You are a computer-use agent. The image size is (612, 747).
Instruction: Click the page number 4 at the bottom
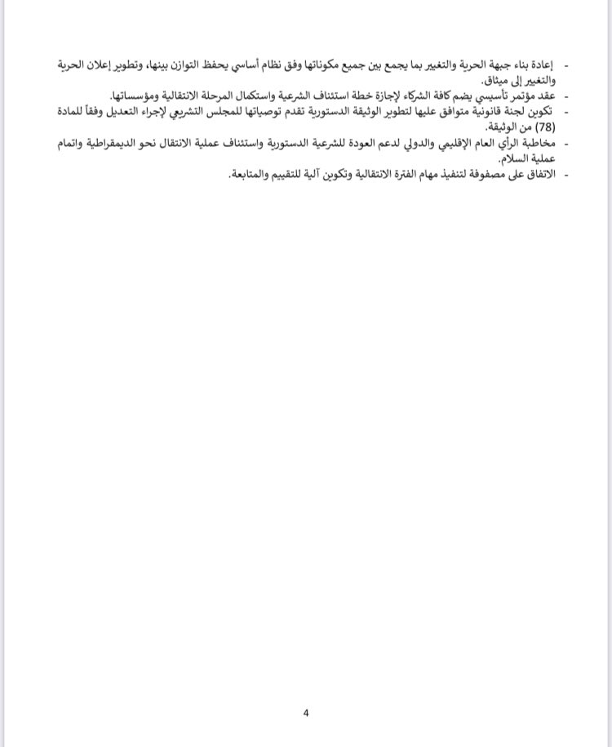pos(306,713)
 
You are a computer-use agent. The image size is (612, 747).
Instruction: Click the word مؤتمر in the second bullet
pos(516,96)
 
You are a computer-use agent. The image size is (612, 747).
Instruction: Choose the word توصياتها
pos(253,112)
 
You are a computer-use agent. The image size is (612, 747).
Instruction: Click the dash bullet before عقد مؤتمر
pos(566,96)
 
